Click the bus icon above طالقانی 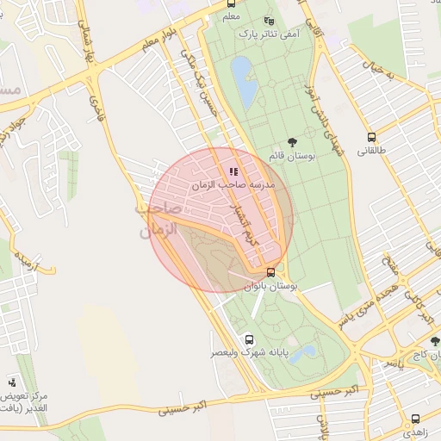(371, 137)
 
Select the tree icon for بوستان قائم (293, 143)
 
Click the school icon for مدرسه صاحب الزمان (233, 171)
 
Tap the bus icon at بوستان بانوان (271, 272)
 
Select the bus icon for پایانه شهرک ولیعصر (249, 339)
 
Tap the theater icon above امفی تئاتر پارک (269, 21)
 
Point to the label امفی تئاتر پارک (269, 33)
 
